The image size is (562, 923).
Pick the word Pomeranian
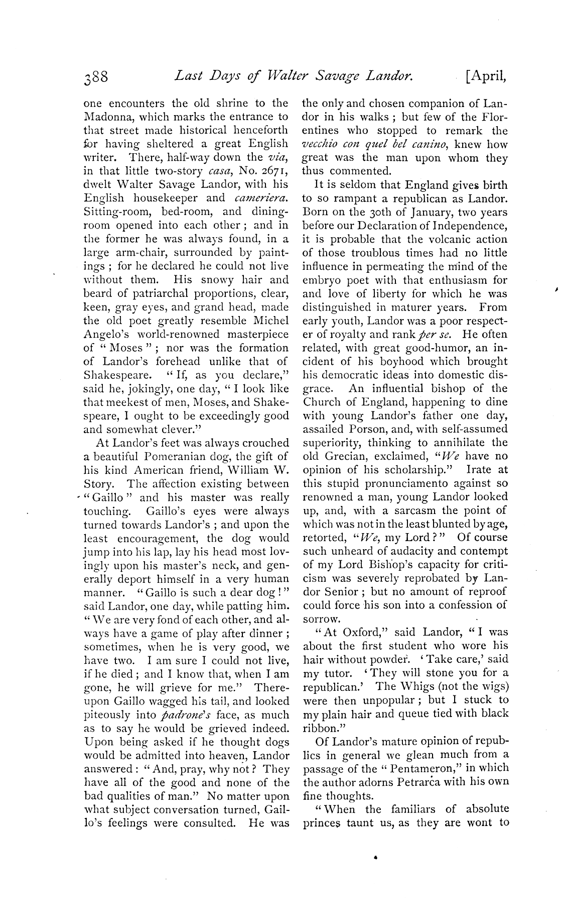click(174, 457)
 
